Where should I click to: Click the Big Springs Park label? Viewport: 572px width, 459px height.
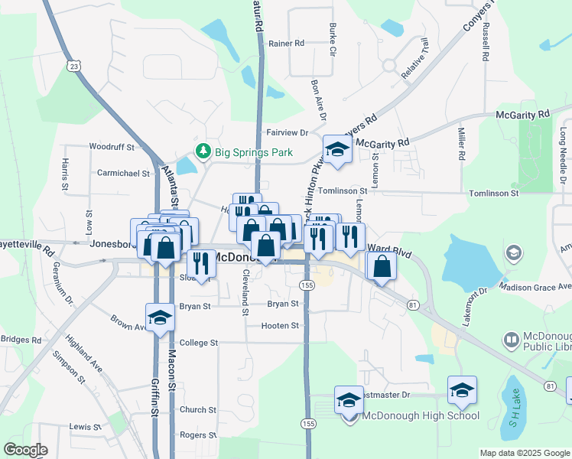(254, 152)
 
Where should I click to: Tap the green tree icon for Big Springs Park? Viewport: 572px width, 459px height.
(203, 151)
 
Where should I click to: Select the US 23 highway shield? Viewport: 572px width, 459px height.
(73, 66)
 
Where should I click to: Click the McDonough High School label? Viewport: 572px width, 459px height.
(421, 415)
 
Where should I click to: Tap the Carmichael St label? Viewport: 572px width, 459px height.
(123, 173)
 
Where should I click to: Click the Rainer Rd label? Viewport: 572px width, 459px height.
(287, 44)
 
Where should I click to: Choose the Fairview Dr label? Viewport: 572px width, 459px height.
(287, 132)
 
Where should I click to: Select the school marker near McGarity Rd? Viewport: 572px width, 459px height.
(336, 150)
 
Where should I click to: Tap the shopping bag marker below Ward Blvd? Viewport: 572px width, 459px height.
(382, 266)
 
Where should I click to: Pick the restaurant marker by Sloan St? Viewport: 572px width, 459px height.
(201, 265)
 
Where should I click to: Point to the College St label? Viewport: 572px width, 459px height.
(198, 343)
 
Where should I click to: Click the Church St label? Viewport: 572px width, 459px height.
(198, 410)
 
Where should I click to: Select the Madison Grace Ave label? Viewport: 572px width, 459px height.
(535, 287)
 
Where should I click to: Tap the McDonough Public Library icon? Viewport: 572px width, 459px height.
(511, 338)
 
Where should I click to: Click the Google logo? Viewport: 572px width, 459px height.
(26, 450)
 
